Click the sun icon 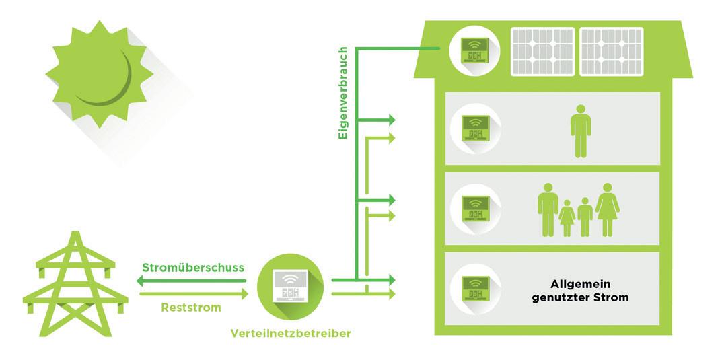(99, 75)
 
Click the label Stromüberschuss (192, 267)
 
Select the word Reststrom (192, 307)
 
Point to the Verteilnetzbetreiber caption (290, 333)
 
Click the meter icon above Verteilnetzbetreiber (290, 286)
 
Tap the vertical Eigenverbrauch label (342, 93)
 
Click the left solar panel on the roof (543, 51)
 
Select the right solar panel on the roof (612, 51)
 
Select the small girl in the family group (567, 217)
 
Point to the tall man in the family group (548, 210)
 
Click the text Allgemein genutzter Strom (580, 291)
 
